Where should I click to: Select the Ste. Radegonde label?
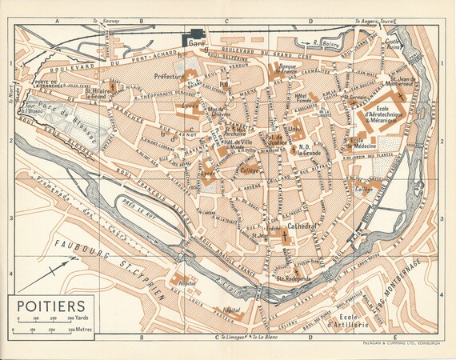294,278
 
